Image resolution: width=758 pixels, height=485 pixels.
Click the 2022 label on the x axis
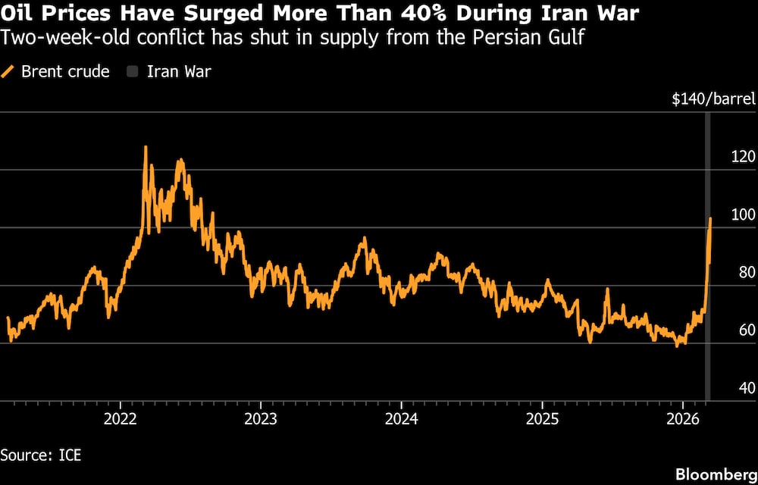pyautogui.click(x=120, y=418)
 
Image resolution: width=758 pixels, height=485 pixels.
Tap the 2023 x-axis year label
pyautogui.click(x=260, y=418)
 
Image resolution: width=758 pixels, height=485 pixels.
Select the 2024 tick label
pyautogui.click(x=401, y=418)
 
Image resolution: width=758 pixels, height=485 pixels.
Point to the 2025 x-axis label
pyautogui.click(x=542, y=418)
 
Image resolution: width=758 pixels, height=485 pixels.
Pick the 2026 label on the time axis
pyautogui.click(x=682, y=418)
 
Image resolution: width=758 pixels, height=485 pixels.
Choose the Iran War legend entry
pyautogui.click(x=174, y=72)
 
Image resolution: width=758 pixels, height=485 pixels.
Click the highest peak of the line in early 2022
pyautogui.click(x=146, y=147)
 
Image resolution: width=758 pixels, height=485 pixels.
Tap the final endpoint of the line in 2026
pyautogui.click(x=710, y=218)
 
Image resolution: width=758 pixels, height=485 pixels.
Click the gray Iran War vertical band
pyautogui.click(x=708, y=303)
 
